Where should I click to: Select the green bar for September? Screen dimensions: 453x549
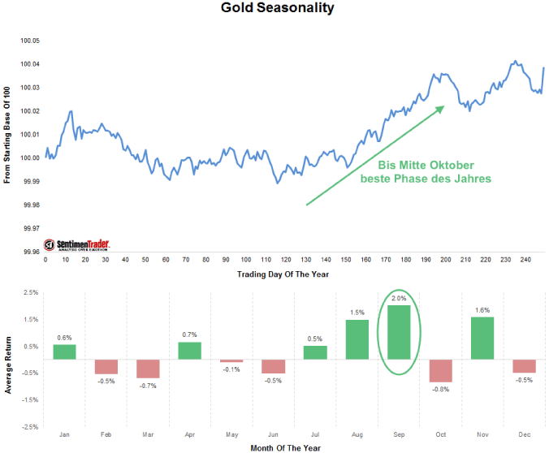point(399,333)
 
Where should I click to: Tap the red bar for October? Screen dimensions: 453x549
point(440,371)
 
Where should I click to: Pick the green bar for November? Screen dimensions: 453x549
point(482,338)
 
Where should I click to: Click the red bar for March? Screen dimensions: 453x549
point(149,369)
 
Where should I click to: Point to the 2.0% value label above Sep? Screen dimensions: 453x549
point(399,299)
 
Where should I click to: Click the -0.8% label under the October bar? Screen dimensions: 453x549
point(440,389)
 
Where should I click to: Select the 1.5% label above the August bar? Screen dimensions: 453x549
point(357,313)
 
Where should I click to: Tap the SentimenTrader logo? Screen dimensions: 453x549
point(77,244)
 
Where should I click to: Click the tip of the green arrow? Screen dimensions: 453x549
point(444,106)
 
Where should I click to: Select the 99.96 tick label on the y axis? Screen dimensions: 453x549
point(30,252)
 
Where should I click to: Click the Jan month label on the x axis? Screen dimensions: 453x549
point(65,435)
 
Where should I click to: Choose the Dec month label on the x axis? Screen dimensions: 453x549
point(524,435)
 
